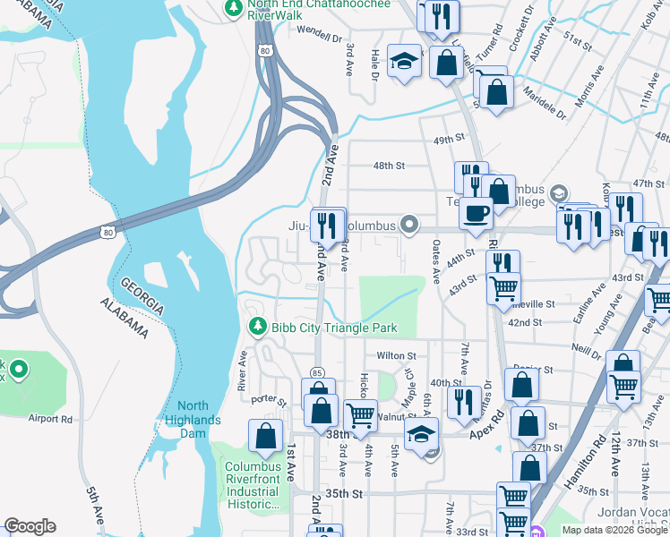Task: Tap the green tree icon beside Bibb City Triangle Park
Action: pos(258,327)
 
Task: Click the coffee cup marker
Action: pos(475,213)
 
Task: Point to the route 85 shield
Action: pos(317,371)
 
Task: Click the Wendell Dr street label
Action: pos(320,38)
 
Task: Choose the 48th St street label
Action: pos(389,166)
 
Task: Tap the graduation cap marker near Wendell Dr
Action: pos(404,62)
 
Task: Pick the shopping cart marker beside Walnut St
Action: pos(360,414)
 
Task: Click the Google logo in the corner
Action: pos(30,526)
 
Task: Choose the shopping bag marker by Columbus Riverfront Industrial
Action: pos(265,437)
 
